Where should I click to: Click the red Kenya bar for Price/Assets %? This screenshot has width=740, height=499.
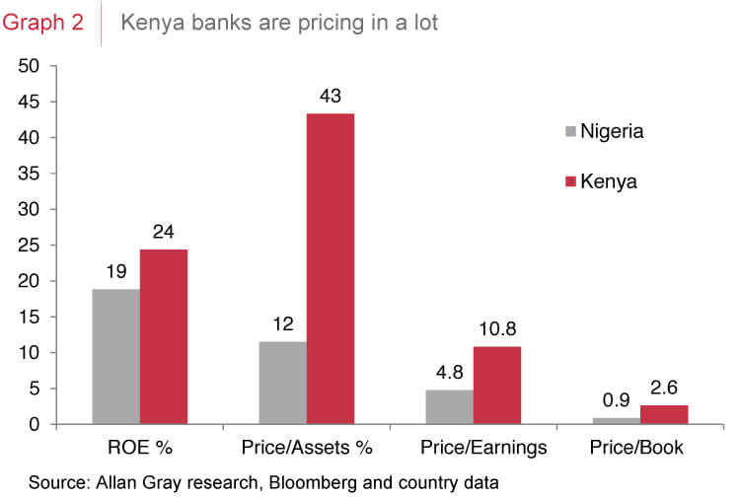pos(330,269)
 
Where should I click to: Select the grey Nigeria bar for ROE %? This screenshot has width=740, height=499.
pos(115,356)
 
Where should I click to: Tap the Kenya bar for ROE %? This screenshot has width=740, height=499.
pos(163,336)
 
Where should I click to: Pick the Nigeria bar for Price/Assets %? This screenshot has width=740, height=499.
pos(282,383)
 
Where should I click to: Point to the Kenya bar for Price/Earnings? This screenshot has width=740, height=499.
pos(496,386)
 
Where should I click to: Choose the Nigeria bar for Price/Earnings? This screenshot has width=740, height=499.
pos(449,407)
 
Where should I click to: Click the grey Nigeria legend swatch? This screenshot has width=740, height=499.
pos(569,131)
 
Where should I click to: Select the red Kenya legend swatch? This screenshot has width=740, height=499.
pos(569,181)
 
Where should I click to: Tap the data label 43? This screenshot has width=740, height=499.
pos(330,98)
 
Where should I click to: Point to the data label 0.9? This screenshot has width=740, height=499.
pos(616,402)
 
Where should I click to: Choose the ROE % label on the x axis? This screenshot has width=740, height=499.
pos(139,448)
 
